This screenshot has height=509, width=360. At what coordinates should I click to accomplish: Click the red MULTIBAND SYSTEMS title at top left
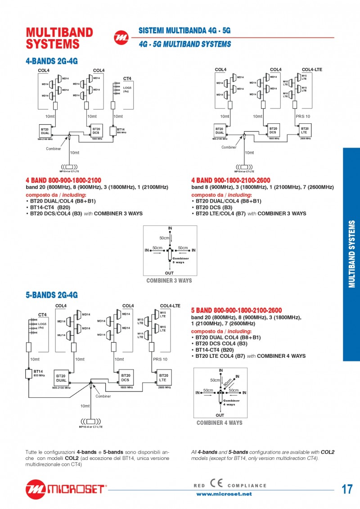[x=59, y=38]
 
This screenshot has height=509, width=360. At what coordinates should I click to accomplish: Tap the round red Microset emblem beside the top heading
[x=121, y=38]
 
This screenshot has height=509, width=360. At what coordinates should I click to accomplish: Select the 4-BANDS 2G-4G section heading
[x=52, y=61]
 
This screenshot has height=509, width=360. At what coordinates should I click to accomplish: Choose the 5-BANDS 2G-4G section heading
[x=52, y=295]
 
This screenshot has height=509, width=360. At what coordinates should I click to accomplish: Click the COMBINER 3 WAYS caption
[x=169, y=280]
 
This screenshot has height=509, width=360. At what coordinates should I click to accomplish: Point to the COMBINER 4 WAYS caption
[x=219, y=423]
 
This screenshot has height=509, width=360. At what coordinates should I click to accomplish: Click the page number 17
[x=347, y=489]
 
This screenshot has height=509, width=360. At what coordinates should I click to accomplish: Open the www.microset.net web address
[x=224, y=494]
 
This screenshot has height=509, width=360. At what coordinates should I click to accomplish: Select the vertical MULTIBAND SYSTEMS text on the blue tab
[x=352, y=254]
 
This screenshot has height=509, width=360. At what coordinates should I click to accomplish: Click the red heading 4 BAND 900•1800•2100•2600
[x=230, y=180]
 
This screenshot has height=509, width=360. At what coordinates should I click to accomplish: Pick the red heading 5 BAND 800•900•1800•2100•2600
[x=236, y=310]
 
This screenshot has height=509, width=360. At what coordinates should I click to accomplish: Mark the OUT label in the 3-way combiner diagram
[x=169, y=273]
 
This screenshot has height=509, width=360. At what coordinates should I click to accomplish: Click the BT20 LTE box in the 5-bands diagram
[x=163, y=377]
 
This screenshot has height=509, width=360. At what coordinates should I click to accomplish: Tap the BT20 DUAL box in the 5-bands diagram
[x=61, y=378]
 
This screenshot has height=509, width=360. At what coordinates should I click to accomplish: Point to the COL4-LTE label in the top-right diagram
[x=312, y=70]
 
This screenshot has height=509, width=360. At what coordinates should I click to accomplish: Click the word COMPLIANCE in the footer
[x=247, y=486]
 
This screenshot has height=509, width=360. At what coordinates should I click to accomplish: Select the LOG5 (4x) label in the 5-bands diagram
[x=42, y=325]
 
